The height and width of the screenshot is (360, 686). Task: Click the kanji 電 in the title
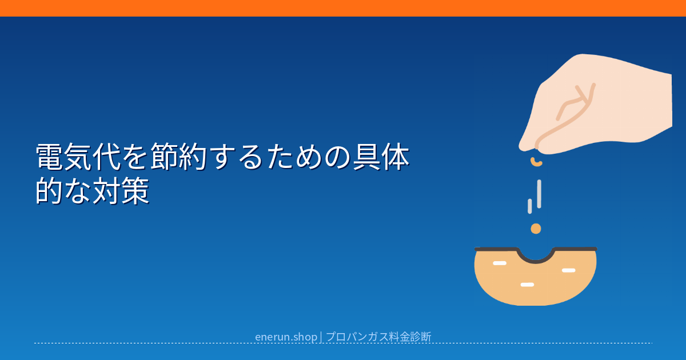50,157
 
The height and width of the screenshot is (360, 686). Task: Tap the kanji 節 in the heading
165,157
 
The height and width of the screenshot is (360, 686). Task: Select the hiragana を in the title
135,157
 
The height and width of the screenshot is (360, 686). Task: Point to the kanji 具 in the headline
367,157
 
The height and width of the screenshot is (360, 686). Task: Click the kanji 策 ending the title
135,191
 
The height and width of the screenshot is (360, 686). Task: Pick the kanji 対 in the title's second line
107,191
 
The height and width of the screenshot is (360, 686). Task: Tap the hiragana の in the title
338,157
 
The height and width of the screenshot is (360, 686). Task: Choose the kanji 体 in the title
396,157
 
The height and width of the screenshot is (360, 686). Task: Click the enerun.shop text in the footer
286,337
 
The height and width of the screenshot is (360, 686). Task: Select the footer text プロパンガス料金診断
378,337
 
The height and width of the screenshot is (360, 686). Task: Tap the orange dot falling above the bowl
536,229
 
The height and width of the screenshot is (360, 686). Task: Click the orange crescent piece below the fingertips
536,162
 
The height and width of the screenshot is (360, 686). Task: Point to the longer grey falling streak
539,194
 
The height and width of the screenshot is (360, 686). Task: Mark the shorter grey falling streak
530,206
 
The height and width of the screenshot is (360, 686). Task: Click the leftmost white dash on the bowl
500,263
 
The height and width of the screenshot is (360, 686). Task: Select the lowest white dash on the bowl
527,285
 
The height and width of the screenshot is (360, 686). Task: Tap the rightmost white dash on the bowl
569,270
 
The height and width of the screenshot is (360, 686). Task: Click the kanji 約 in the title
193,157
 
